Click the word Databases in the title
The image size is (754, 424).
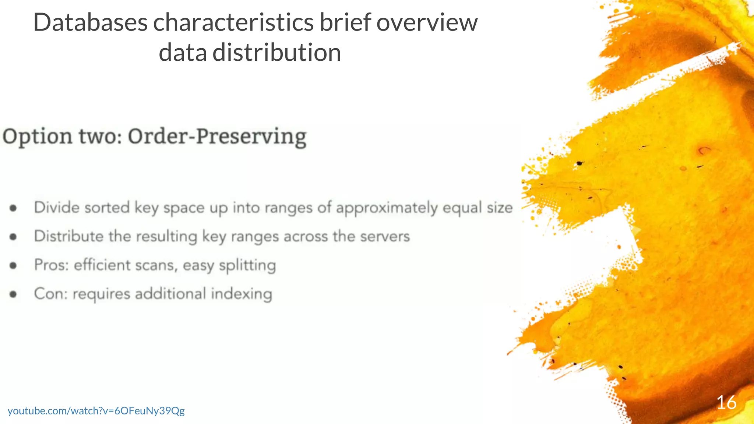[90, 23]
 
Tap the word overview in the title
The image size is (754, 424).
[427, 23]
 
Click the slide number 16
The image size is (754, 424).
[726, 402]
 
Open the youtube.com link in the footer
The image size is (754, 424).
[96, 411]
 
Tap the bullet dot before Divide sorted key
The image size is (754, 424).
[13, 208]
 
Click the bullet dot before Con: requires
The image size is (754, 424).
[13, 294]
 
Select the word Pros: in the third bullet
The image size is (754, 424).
[52, 265]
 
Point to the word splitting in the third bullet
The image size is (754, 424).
[247, 265]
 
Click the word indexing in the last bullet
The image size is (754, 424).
[241, 294]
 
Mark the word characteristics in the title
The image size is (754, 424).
[233, 23]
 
